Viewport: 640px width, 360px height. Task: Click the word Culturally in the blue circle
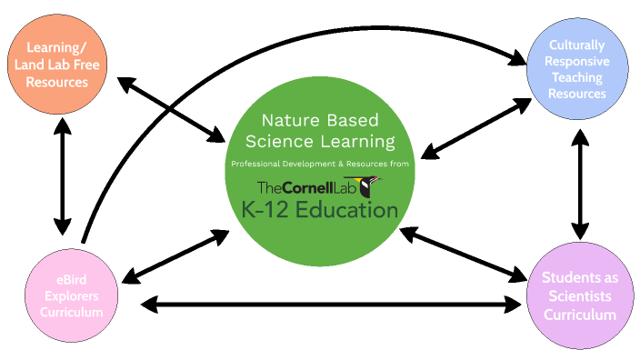pos(578,44)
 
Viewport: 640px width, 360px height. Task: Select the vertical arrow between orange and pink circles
pos(62,176)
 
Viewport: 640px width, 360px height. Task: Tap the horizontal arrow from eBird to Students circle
pos(327,305)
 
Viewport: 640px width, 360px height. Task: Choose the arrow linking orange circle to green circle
pos(172,110)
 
